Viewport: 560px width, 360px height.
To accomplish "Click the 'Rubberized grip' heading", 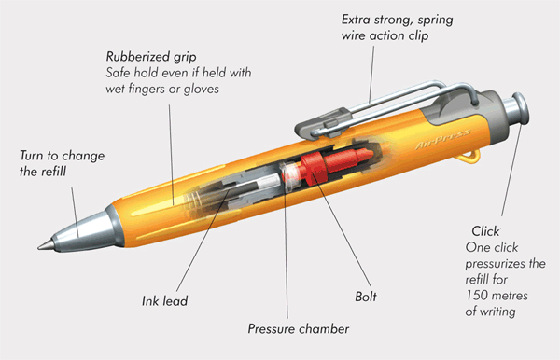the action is pyautogui.click(x=151, y=57).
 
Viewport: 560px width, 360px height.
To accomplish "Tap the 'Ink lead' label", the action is pyautogui.click(x=164, y=300).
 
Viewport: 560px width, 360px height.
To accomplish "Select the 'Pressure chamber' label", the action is pyautogui.click(x=299, y=329).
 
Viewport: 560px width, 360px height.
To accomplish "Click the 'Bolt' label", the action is pyautogui.click(x=366, y=297).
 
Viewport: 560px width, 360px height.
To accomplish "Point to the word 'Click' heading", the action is pyautogui.click(x=485, y=231).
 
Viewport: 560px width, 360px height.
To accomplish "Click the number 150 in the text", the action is pyautogui.click(x=477, y=296).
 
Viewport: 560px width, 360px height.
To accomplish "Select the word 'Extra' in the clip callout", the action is pyautogui.click(x=356, y=20).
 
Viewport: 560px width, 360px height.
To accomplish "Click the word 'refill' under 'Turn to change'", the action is pyautogui.click(x=52, y=172).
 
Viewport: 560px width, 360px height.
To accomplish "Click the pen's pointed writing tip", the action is pyautogui.click(x=45, y=245).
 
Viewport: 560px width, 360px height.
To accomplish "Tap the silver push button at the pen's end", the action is pyautogui.click(x=517, y=109).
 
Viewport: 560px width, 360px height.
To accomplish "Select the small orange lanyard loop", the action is pyautogui.click(x=468, y=157).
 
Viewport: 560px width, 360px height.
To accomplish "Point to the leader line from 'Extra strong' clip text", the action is pyautogui.click(x=371, y=75).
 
